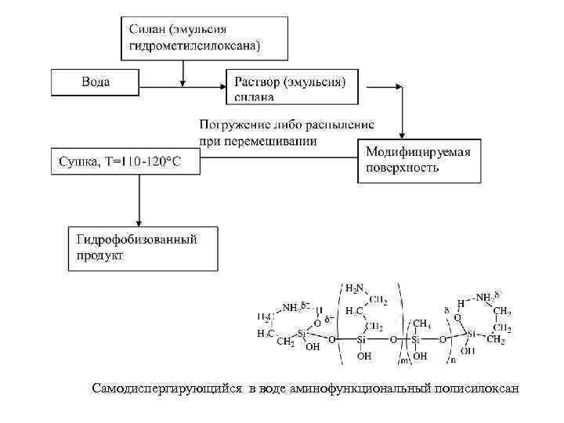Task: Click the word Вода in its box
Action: pyautogui.click(x=96, y=81)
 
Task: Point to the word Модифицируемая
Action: pyautogui.click(x=418, y=152)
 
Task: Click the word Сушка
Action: pyautogui.click(x=76, y=162)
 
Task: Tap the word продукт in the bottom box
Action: pyautogui.click(x=99, y=255)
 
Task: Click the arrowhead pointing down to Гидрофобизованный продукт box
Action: pyautogui.click(x=138, y=222)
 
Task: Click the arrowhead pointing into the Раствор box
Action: pyautogui.click(x=222, y=81)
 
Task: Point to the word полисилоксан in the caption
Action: pyautogui.click(x=479, y=389)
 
